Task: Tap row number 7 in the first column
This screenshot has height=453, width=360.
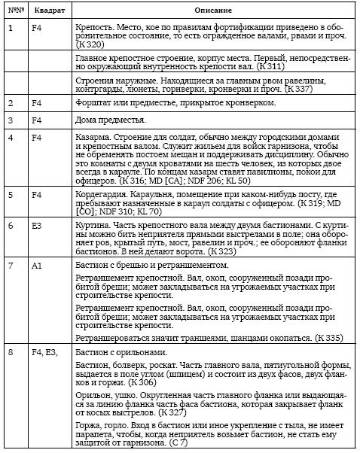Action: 11,266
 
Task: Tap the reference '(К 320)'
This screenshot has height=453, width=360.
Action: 92,53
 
